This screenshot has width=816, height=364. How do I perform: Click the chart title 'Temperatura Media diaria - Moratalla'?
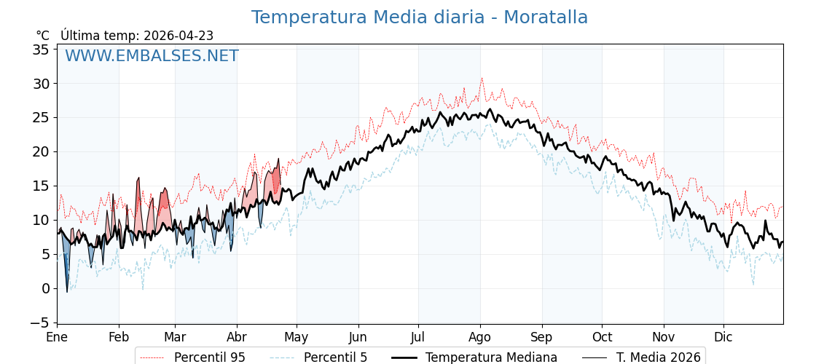point(419,17)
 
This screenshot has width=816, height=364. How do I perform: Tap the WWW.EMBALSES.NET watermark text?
point(152,56)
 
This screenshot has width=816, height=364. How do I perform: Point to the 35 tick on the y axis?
point(41,50)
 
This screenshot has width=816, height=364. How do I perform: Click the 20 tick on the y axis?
point(41,151)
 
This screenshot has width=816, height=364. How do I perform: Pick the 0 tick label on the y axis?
point(45,288)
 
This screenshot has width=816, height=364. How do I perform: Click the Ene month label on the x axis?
point(57,337)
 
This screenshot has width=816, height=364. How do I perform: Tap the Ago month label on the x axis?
point(480,337)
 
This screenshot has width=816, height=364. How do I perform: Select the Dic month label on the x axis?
point(723,337)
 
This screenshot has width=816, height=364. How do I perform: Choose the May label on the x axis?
point(297,337)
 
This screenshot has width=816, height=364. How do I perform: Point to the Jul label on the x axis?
point(418,337)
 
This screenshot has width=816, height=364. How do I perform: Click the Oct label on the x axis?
point(602,337)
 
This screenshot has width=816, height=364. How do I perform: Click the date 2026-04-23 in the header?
point(178,36)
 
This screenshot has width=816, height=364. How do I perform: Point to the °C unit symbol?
point(42,36)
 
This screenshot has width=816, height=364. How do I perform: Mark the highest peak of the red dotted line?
point(481,78)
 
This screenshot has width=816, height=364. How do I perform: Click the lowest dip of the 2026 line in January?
point(67,292)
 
